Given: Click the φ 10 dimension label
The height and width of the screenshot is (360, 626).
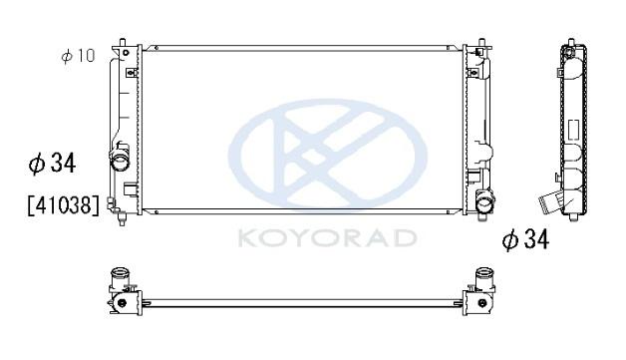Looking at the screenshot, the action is (78, 56).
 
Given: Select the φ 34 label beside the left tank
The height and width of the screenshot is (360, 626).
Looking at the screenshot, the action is (52, 163).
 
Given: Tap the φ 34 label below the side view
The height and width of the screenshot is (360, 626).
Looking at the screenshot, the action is (525, 239).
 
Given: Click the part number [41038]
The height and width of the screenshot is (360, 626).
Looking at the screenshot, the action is (63, 205).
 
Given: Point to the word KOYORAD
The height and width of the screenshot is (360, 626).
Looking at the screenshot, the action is (328, 237).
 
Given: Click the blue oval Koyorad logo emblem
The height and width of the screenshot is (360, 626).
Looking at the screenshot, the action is (328, 154).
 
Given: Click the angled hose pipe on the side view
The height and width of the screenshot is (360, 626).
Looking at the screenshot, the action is (552, 201).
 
